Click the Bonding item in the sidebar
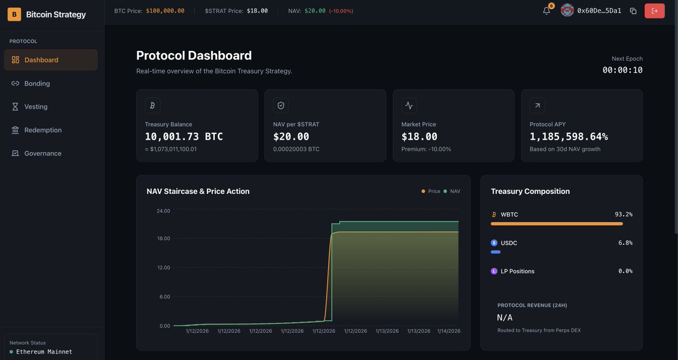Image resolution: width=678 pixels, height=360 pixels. click(x=37, y=83)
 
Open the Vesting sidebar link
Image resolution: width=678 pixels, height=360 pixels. click(x=36, y=107)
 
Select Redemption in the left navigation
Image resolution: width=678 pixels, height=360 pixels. click(x=42, y=130)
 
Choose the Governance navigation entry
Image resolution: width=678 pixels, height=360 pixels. click(x=42, y=154)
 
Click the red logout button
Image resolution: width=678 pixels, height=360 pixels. click(x=654, y=11)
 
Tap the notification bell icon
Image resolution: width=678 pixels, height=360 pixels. click(x=546, y=11)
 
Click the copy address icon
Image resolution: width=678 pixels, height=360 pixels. click(x=633, y=11)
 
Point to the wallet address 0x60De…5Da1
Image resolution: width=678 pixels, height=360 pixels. click(x=599, y=11)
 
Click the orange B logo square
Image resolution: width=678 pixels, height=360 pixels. click(x=14, y=14)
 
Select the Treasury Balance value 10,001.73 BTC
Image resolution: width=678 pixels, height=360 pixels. click(x=184, y=137)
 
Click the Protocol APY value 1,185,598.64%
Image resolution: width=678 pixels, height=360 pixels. click(x=568, y=137)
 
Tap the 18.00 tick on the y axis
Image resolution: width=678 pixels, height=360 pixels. click(x=163, y=238)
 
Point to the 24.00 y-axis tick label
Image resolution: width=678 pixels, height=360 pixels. click(x=163, y=211)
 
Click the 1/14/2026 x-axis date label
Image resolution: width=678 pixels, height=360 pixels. click(x=449, y=331)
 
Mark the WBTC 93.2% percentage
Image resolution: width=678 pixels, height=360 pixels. click(x=623, y=215)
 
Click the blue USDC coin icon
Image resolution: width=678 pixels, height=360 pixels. click(x=494, y=243)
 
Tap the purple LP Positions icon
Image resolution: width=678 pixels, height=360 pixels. click(x=494, y=271)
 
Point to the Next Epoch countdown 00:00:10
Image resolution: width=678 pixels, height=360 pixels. click(x=622, y=70)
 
